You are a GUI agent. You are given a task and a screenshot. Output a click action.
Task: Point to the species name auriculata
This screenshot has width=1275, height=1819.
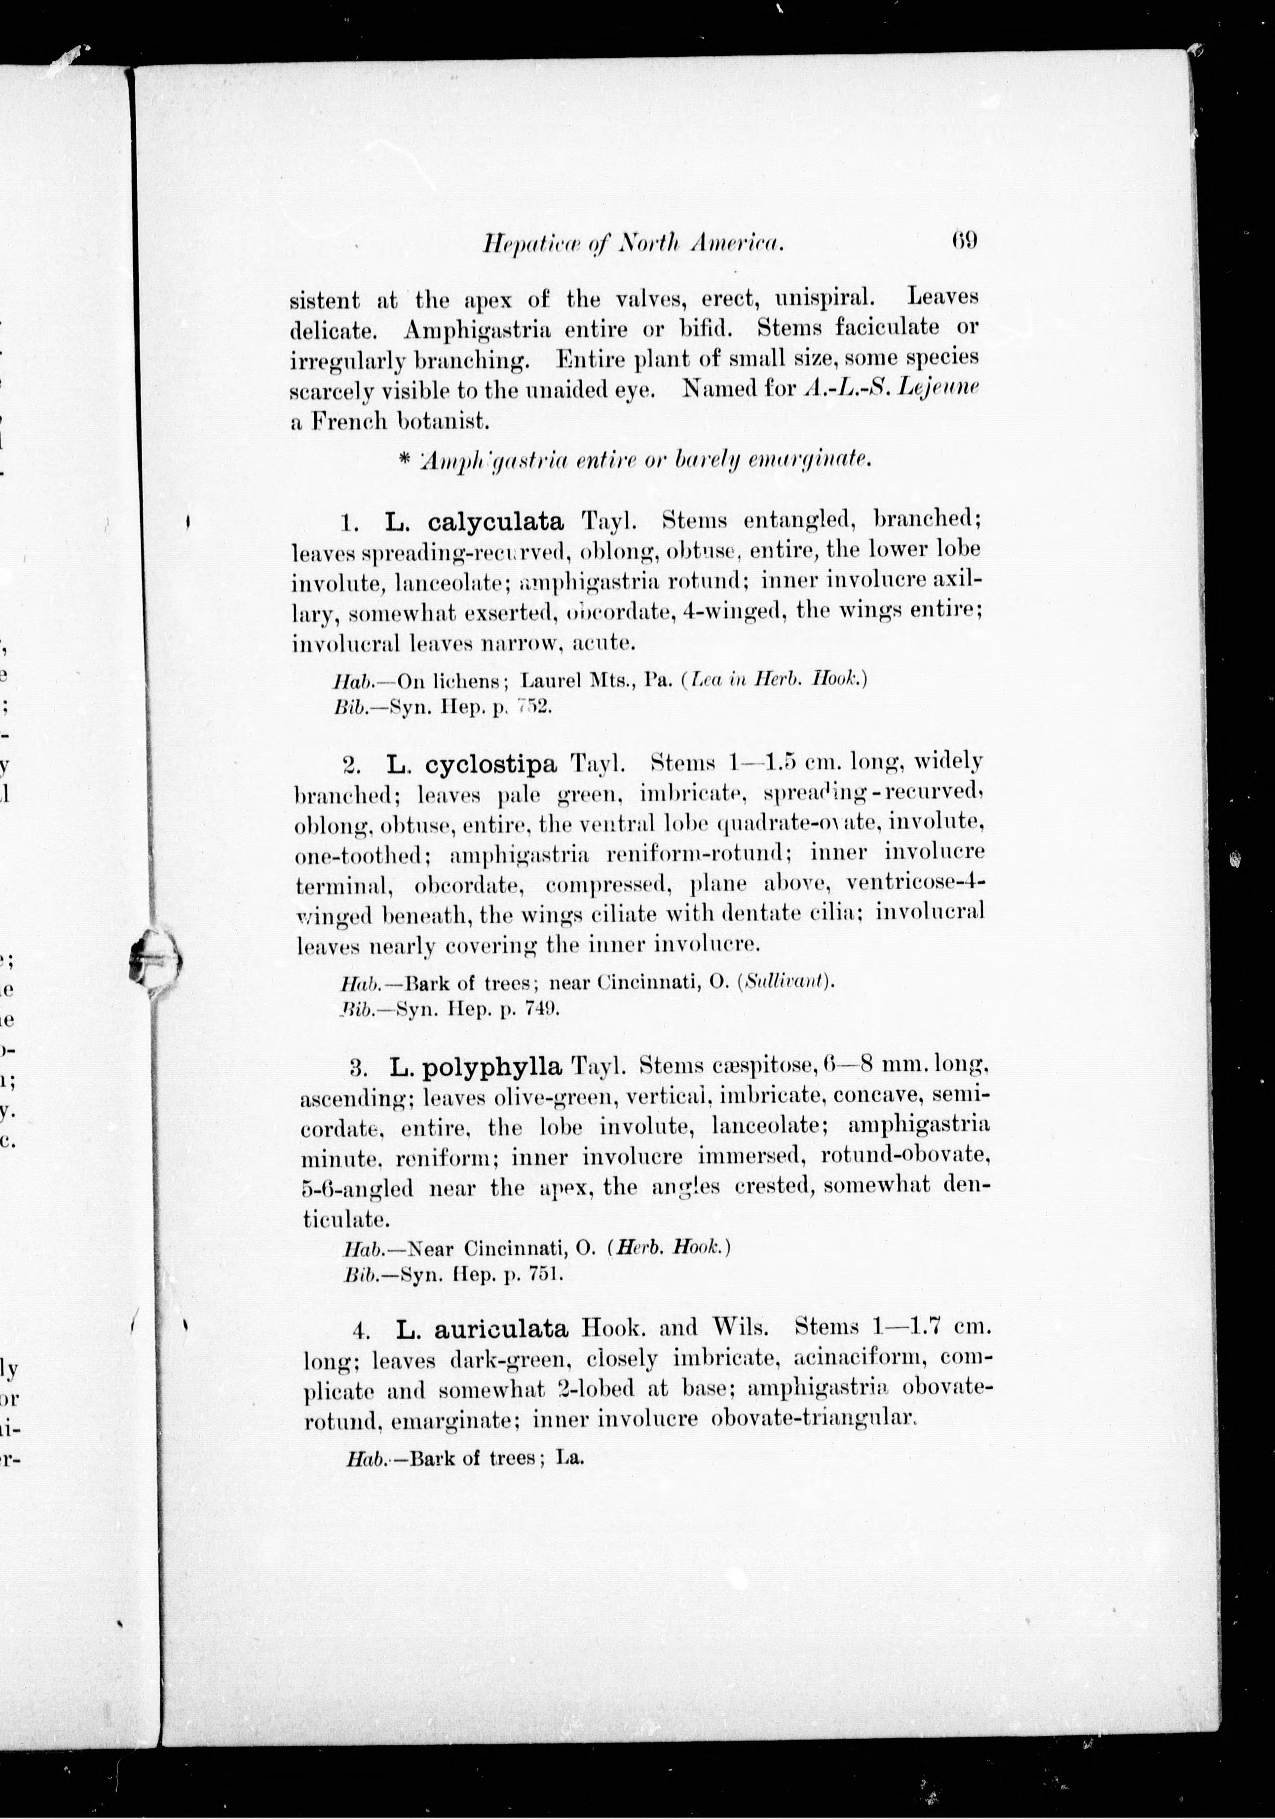click(x=502, y=1327)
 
